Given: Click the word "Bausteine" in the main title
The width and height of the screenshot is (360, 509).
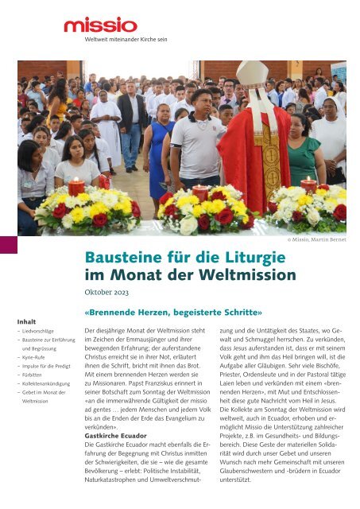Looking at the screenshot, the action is (126, 257).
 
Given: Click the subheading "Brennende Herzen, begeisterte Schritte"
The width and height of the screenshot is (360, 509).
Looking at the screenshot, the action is (172, 313).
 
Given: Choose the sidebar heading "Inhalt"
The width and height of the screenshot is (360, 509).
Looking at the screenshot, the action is (27, 321).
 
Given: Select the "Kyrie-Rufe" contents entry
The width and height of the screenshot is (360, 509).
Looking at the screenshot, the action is (37, 358).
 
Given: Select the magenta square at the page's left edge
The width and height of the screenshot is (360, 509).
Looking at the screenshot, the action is (8, 245).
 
